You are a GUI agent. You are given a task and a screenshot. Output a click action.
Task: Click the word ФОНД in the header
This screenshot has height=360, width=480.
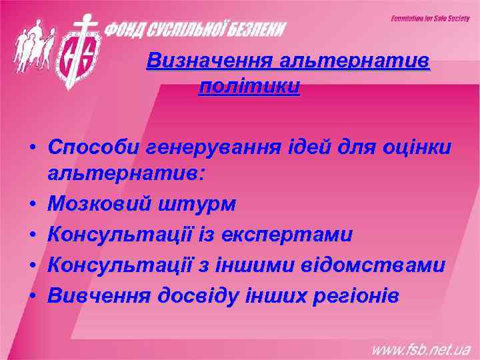tap(127, 29)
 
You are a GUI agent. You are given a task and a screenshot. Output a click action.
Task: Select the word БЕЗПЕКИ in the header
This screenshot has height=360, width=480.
tap(256, 29)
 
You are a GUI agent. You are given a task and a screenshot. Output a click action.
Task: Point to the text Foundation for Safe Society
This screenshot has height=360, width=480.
tap(430, 19)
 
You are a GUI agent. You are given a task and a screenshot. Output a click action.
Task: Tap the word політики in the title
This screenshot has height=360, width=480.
tap(249, 87)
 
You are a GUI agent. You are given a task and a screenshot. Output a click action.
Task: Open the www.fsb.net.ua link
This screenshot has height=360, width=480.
tap(420, 349)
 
